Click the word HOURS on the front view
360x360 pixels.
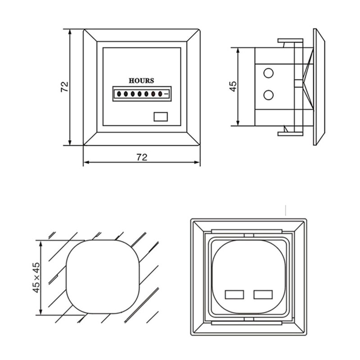[141, 81]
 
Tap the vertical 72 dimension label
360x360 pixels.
[64, 87]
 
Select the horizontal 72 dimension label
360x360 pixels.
[142, 157]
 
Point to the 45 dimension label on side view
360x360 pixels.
[233, 86]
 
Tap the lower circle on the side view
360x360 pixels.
[269, 94]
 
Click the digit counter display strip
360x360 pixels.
[141, 94]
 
